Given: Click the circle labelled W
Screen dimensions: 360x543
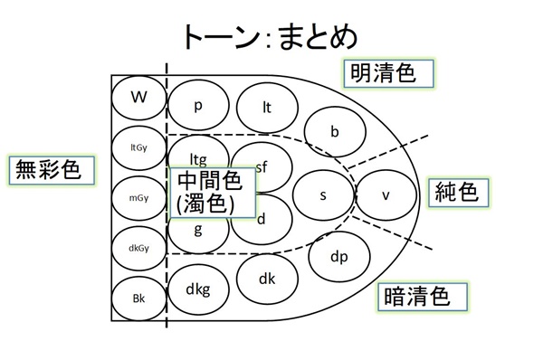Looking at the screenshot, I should coord(138,97).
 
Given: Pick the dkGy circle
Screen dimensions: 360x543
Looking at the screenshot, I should coord(138,247).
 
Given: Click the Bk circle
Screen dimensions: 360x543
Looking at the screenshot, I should coord(138,298).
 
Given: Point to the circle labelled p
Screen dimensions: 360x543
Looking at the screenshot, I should coord(198,104).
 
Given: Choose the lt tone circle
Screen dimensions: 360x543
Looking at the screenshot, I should coord(267,107).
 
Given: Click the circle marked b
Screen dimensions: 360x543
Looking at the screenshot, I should coord(334,132).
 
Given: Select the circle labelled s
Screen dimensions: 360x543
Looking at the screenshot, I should coord(323,195).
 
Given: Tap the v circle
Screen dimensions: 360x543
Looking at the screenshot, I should coord(385,195).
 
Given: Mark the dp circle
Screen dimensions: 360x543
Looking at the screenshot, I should coord(338,257).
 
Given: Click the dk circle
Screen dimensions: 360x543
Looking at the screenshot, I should coord(267,279).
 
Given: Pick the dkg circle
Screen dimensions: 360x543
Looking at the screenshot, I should coord(198,289).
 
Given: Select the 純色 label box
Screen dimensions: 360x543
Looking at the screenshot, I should coord(456,193).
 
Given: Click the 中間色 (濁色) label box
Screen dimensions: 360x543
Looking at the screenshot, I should coord(211,192).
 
